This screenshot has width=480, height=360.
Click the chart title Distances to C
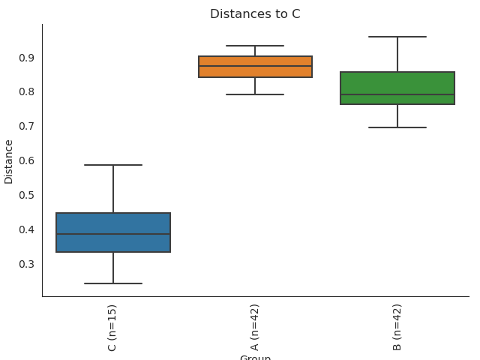click(255, 14)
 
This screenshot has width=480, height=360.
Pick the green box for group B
click(397, 82)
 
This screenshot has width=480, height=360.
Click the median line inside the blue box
click(113, 234)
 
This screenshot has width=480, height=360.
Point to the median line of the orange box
click(255, 66)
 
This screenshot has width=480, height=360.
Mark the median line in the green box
click(397, 94)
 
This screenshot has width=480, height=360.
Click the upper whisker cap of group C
click(113, 165)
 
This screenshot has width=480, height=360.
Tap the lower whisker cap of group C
click(113, 283)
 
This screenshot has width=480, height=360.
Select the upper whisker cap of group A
click(255, 46)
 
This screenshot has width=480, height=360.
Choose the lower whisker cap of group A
click(255, 94)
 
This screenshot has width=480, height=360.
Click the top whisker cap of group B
click(397, 37)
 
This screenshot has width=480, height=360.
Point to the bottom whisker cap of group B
click(397, 127)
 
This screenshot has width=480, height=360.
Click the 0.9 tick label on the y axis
click(26, 58)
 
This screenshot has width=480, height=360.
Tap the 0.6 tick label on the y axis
click(26, 160)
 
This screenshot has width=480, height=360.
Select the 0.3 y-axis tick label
click(26, 264)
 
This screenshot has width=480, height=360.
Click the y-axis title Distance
click(9, 161)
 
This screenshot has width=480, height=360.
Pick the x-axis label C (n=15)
click(112, 327)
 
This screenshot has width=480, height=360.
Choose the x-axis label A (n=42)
click(255, 327)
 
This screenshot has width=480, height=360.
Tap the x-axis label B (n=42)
click(397, 327)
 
